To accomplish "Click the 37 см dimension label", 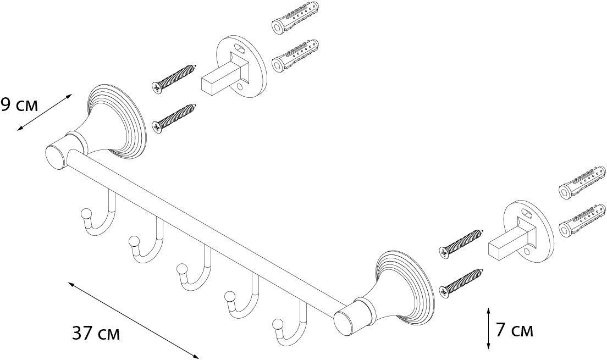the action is (x=96, y=334).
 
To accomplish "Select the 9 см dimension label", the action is (x=19, y=105).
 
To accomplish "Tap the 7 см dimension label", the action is (x=515, y=330).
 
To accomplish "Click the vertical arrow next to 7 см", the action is (x=489, y=328).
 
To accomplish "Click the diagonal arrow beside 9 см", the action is (x=44, y=112).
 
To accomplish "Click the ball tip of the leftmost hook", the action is (x=86, y=213).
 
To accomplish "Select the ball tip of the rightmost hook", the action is (x=278, y=324).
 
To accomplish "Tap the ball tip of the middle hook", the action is (x=181, y=269).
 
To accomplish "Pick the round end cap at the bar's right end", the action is (x=345, y=323).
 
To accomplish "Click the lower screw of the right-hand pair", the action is (x=462, y=284).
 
